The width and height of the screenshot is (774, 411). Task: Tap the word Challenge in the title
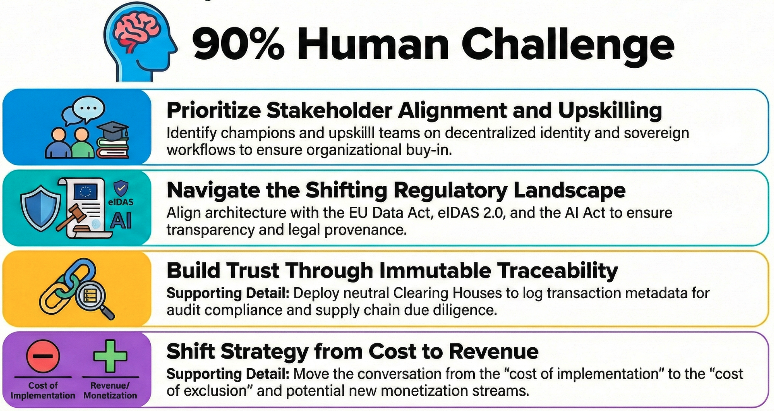(x=568, y=45)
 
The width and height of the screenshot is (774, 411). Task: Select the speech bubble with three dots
(x=89, y=108)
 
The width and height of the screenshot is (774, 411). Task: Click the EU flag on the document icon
(x=85, y=192)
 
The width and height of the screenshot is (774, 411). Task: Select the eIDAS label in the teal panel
(x=121, y=202)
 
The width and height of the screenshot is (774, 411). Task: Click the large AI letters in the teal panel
(x=121, y=220)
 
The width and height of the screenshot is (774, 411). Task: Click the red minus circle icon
(x=43, y=356)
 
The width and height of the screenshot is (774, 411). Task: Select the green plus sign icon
(x=110, y=356)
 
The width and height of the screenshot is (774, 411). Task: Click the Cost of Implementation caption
(x=43, y=390)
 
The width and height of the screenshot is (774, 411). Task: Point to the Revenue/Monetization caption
(x=110, y=390)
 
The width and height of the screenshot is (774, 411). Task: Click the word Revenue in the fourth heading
(x=493, y=351)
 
